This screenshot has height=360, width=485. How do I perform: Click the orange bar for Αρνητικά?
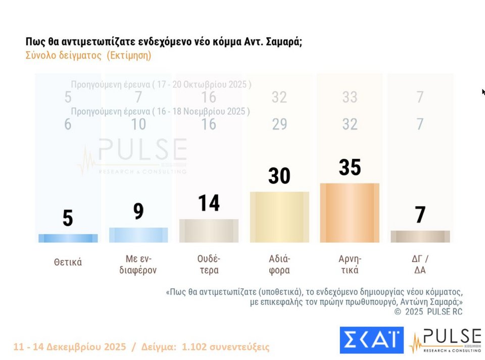pyautogui.click(x=350, y=213)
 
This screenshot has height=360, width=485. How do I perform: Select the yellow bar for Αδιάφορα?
pyautogui.click(x=279, y=217)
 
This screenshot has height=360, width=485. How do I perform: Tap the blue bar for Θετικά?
pyautogui.click(x=68, y=238)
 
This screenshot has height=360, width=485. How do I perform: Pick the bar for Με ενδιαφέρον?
pyautogui.click(x=138, y=235)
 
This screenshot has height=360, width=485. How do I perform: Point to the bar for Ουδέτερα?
pyautogui.click(x=209, y=231)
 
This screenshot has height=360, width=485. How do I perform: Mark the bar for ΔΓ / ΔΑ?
pyautogui.click(x=420, y=237)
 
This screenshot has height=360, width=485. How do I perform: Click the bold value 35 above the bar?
pyautogui.click(x=350, y=167)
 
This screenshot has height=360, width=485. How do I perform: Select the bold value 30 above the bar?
pyautogui.click(x=279, y=176)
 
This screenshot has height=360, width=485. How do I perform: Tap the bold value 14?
pyautogui.click(x=209, y=203)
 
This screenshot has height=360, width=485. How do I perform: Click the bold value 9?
pyautogui.click(x=138, y=211)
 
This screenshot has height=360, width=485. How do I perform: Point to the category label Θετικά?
pyautogui.click(x=68, y=262)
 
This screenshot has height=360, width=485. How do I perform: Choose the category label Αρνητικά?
pyautogui.click(x=350, y=264)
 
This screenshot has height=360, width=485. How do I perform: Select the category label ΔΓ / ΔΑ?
pyautogui.click(x=420, y=264)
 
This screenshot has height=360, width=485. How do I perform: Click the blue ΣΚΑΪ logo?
pyautogui.click(x=371, y=340)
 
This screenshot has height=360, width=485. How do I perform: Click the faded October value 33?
pyautogui.click(x=350, y=97)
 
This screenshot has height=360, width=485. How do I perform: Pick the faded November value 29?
pyautogui.click(x=279, y=124)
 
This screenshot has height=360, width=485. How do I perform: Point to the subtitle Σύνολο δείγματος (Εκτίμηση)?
pyautogui.click(x=88, y=56)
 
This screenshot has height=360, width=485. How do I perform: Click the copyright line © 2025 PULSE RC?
pyautogui.click(x=428, y=311)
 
